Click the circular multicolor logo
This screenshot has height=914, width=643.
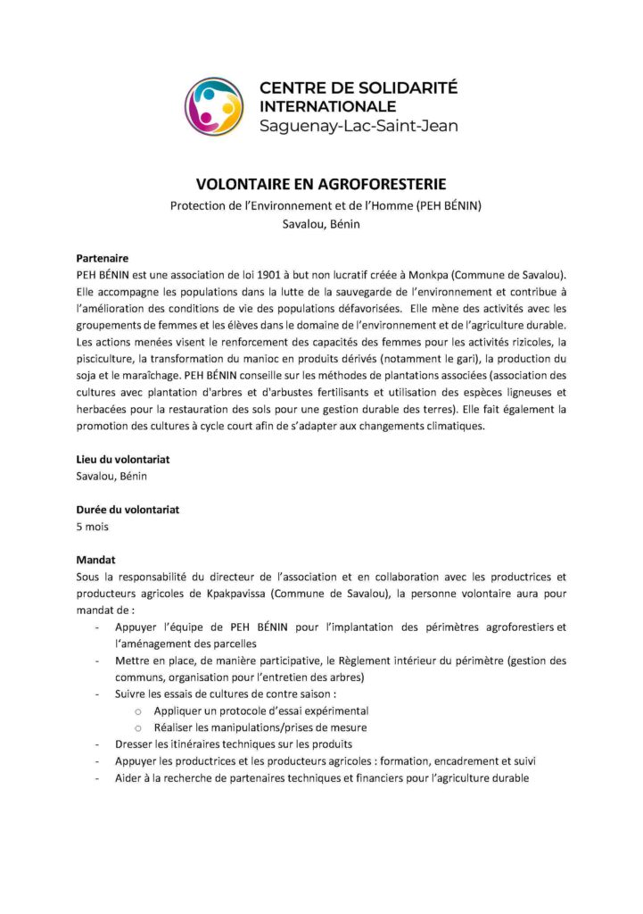click(213, 106)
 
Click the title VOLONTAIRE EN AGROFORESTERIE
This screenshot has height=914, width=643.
click(321, 185)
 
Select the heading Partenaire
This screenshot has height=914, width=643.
click(103, 256)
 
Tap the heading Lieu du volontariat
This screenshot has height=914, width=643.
click(123, 459)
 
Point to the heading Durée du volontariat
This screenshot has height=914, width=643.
click(128, 510)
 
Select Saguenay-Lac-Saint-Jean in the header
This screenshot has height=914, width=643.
click(358, 126)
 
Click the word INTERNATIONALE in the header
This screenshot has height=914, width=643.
click(326, 107)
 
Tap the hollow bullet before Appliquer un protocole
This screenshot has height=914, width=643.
click(138, 711)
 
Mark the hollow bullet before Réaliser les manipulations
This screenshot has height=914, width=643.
click(138, 727)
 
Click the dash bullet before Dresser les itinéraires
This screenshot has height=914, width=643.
click(96, 744)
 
